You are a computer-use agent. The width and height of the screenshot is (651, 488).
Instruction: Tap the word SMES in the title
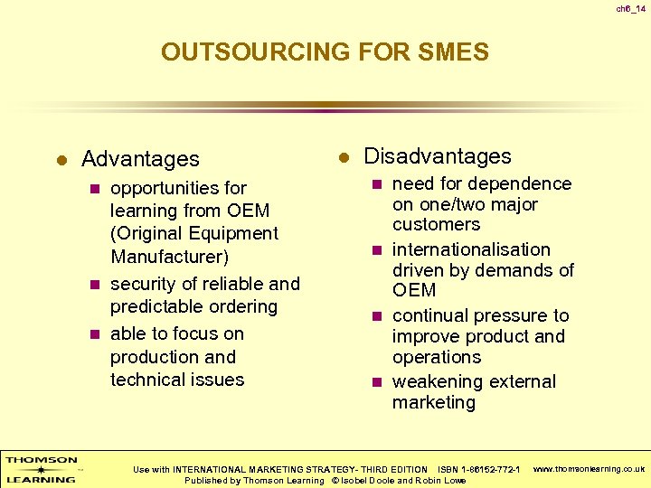454,52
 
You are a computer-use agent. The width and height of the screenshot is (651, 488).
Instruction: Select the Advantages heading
140,159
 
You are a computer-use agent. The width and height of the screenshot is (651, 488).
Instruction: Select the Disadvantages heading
437,156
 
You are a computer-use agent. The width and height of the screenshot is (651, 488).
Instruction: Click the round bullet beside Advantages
61,160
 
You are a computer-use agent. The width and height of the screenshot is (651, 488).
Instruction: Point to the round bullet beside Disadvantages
344,157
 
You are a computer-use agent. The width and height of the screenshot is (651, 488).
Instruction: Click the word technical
148,380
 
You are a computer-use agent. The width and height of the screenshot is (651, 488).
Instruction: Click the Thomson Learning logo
42,468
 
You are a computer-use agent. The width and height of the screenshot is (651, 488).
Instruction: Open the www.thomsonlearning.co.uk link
588,469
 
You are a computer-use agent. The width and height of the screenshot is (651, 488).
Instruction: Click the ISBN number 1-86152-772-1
490,469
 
